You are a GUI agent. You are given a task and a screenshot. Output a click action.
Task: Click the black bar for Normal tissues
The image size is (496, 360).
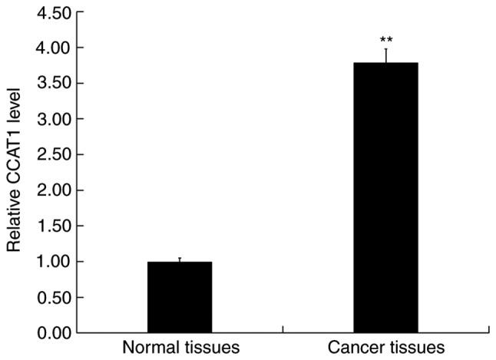[x=180, y=297]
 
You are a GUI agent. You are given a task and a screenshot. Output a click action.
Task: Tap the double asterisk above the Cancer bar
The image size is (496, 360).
[x=385, y=39]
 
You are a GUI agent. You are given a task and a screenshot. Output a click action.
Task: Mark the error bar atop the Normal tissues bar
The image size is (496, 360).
[x=180, y=259]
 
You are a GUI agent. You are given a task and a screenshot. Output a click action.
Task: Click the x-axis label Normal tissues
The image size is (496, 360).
[x=180, y=348]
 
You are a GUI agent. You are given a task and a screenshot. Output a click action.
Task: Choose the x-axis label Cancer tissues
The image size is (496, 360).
[x=385, y=348]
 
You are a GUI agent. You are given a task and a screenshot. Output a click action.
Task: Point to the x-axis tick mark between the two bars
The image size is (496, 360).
[x=283, y=330]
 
